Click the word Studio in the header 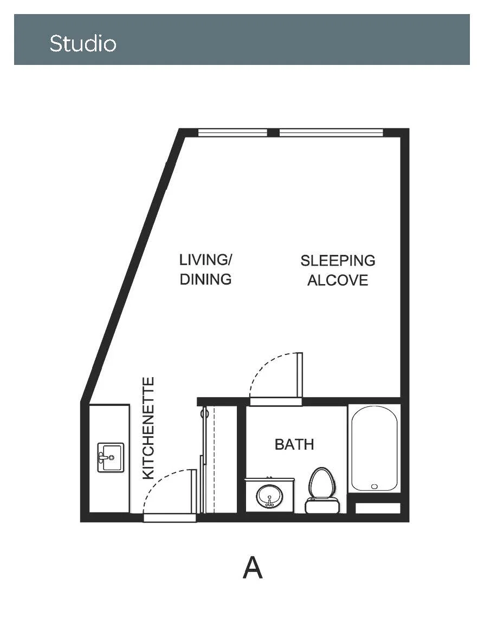[83, 43]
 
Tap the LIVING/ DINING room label [205, 269]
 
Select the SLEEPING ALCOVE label [338, 270]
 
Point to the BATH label [294, 444]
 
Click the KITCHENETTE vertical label [149, 428]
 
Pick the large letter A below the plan [253, 568]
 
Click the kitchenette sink [111, 457]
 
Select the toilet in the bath [322, 490]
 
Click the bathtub [374, 449]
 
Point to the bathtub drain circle [374, 486]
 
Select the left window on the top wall [233, 133]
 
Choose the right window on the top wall [331, 133]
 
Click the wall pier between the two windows [273, 133]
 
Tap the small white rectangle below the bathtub [378, 508]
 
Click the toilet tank [322, 505]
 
